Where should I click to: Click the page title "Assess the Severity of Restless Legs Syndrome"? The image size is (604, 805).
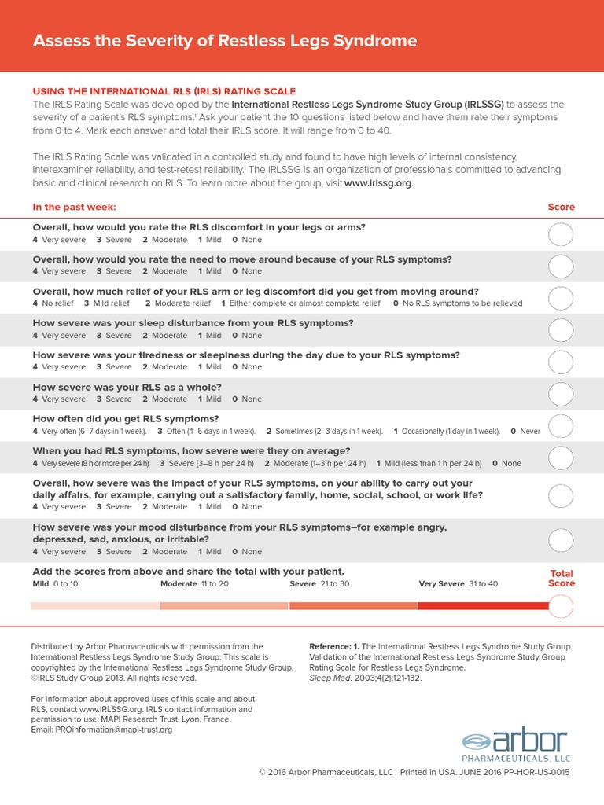(x=225, y=41)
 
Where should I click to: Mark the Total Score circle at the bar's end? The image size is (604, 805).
(x=562, y=607)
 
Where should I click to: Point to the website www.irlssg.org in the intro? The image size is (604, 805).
(x=377, y=183)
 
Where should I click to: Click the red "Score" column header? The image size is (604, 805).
(x=561, y=207)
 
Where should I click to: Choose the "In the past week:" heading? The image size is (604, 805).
(x=74, y=207)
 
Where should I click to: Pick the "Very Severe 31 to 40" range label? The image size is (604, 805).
(x=459, y=584)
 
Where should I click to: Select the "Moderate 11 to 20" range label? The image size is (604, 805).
(x=194, y=584)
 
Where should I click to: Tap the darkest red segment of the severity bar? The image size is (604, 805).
(x=483, y=605)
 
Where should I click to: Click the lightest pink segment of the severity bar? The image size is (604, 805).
(x=95, y=605)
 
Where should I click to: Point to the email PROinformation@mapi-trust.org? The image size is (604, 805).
(x=101, y=730)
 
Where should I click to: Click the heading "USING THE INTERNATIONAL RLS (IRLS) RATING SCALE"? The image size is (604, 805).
(x=164, y=91)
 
